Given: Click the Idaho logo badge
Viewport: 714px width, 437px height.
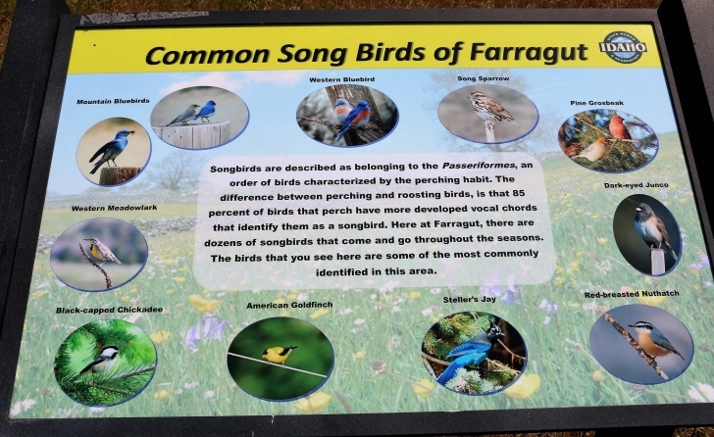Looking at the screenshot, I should pyautogui.click(x=623, y=46).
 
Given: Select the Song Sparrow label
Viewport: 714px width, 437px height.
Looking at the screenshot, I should pyautogui.click(x=483, y=78).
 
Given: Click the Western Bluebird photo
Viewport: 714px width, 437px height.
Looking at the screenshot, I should pyautogui.click(x=347, y=115).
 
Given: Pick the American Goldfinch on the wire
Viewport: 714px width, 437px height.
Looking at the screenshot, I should pyautogui.click(x=279, y=354).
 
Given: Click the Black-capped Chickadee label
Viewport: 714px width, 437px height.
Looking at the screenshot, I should pyautogui.click(x=109, y=310).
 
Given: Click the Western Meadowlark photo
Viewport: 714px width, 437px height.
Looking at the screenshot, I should pyautogui.click(x=99, y=254).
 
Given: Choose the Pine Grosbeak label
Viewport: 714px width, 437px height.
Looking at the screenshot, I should pyautogui.click(x=596, y=102).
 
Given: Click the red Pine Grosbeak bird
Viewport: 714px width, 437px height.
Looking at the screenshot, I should pyautogui.click(x=619, y=126).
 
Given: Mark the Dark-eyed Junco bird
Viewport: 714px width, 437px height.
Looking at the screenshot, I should pyautogui.click(x=648, y=229).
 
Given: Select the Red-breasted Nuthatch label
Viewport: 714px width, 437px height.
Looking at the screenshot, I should pyautogui.click(x=631, y=295).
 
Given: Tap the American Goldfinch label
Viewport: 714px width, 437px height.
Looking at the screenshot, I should pyautogui.click(x=289, y=305).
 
